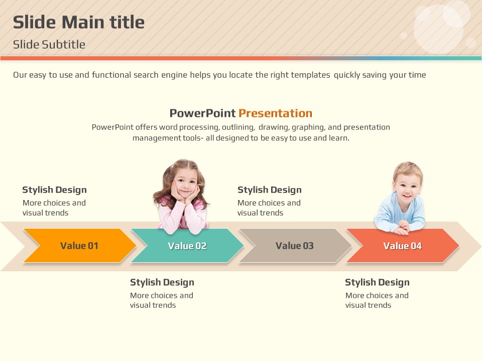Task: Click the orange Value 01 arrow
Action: [x=79, y=246]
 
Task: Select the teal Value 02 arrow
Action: [x=187, y=246]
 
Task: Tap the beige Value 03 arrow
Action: [x=295, y=246]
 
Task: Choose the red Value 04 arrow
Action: [x=402, y=246]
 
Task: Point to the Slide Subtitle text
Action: [x=49, y=45]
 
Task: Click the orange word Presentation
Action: [x=276, y=113]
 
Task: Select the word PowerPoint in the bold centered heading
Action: [x=202, y=113]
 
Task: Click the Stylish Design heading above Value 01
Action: [x=54, y=190]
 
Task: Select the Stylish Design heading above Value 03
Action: [x=270, y=190]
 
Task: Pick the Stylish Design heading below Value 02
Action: [x=162, y=282]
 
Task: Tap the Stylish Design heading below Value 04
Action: [x=377, y=282]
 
